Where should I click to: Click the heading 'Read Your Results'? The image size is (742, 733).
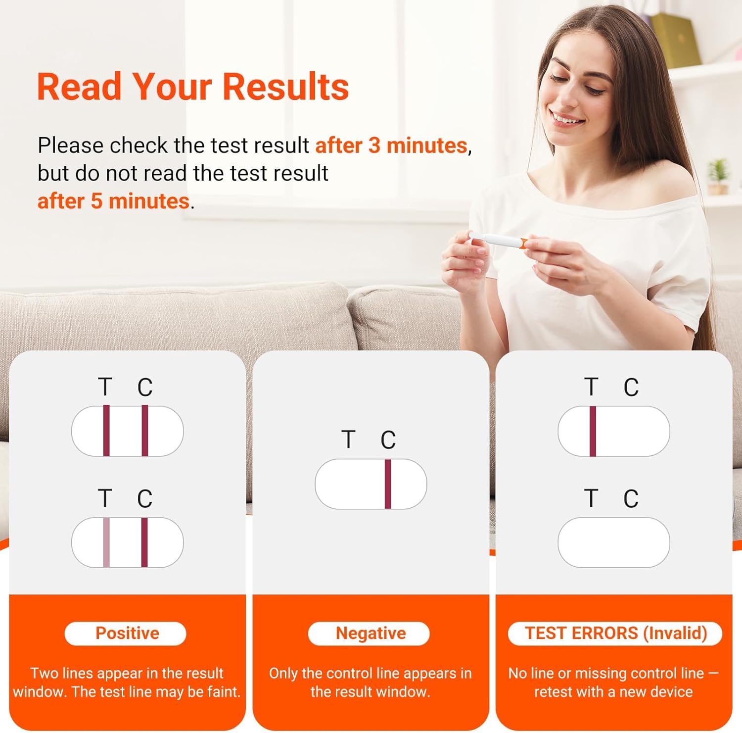(193, 87)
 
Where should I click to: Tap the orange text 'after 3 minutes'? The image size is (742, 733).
(391, 146)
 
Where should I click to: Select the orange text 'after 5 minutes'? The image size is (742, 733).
(113, 201)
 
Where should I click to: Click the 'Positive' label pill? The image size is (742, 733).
(126, 634)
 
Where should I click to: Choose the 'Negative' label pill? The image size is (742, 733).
(369, 634)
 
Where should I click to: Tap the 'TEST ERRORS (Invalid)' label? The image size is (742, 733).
(615, 634)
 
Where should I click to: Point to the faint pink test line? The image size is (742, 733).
(106, 542)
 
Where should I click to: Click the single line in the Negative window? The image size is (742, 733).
(388, 484)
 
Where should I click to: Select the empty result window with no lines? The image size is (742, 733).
(614, 542)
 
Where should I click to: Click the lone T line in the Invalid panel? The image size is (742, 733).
(593, 431)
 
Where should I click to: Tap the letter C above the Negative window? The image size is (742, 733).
(388, 440)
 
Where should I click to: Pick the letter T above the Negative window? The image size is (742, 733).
(348, 440)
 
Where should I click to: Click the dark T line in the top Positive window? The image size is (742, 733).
(106, 431)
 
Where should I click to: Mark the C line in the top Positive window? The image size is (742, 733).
(145, 431)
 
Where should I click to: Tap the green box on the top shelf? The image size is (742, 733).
(676, 40)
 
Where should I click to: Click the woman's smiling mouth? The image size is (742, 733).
(567, 119)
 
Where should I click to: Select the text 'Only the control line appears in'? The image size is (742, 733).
(371, 673)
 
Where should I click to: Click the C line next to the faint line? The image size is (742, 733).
(144, 542)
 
